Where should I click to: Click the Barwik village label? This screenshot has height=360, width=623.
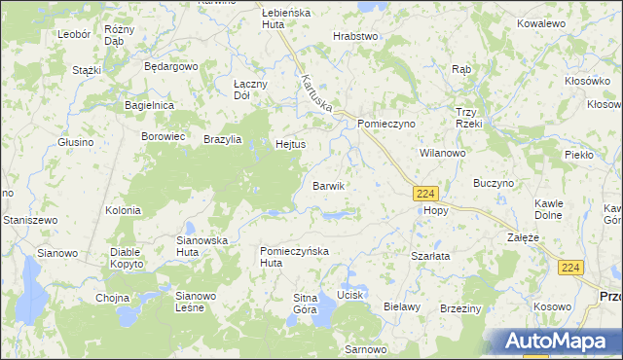(x=328, y=186)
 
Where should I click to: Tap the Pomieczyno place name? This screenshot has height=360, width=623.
(x=386, y=125)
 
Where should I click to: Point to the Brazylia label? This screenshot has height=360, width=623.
(x=224, y=139)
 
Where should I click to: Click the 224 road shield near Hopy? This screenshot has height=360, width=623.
(x=423, y=194)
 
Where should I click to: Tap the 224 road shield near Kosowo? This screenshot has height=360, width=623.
(x=571, y=268)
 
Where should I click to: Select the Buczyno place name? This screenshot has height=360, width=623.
(x=493, y=183)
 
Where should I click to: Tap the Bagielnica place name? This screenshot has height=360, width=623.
(x=149, y=104)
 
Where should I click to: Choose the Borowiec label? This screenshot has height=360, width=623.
(x=164, y=136)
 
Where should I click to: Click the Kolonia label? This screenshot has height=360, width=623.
(x=124, y=210)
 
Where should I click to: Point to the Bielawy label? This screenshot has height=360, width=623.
(x=401, y=306)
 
